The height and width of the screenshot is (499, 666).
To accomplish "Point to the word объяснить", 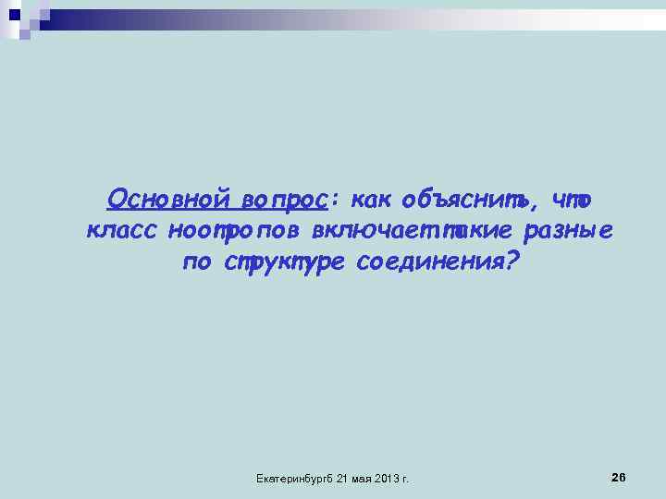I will (467, 200).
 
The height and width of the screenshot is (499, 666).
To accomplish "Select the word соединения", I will (425, 262).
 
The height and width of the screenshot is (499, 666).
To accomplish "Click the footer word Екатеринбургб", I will (293, 479).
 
